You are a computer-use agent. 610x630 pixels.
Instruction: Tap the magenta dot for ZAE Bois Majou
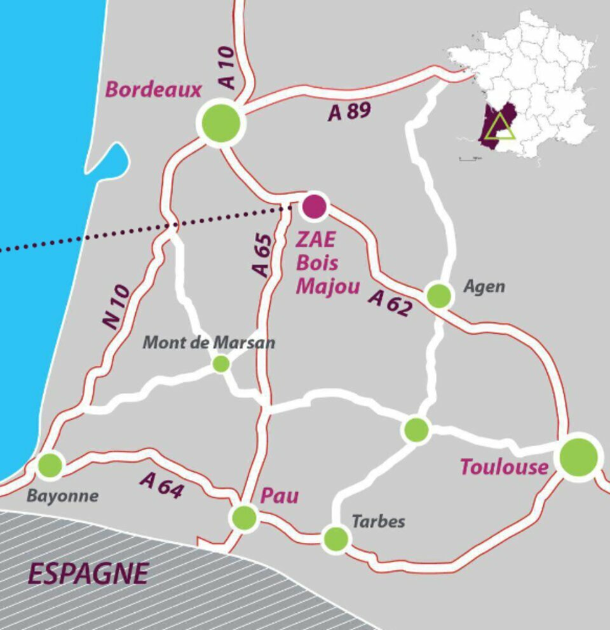coord(314,205)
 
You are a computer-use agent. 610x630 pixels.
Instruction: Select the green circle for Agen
coord(439,296)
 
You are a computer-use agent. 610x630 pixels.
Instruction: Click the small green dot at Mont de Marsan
coord(220,364)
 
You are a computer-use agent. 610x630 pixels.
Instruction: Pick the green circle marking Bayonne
coord(50,465)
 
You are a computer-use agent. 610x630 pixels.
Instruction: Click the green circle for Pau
coord(244,517)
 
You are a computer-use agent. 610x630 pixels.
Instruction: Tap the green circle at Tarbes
coord(335,538)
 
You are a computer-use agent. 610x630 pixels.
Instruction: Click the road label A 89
coord(349,111)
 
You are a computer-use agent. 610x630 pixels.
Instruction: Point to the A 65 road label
coord(262,254)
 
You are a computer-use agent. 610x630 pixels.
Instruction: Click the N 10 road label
coord(117,306)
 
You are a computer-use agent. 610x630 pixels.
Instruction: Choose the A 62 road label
coord(390,303)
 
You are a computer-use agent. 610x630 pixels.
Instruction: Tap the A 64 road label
coord(162,486)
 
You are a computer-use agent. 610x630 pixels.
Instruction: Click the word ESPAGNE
coord(88,574)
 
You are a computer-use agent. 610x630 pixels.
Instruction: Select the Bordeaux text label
coord(153,90)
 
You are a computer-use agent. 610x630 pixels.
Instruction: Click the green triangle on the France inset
coord(502,128)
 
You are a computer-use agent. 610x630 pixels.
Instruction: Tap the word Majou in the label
coord(328,287)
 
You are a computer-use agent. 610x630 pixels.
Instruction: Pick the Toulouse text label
coord(504,467)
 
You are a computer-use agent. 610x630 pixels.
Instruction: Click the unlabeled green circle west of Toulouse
coord(416,430)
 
